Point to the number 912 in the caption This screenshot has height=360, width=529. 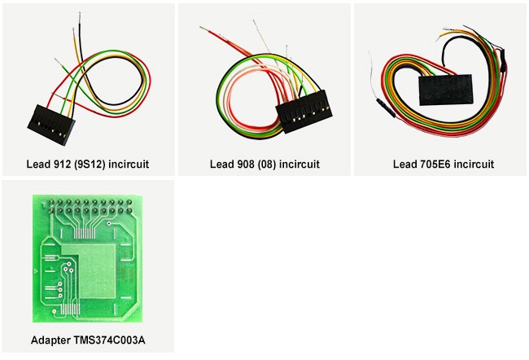pyautogui.click(x=68, y=165)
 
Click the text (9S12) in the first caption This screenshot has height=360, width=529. pyautogui.click(x=99, y=165)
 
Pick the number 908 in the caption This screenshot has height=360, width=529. pyautogui.click(x=247, y=165)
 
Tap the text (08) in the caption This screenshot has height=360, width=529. pyautogui.click(x=273, y=165)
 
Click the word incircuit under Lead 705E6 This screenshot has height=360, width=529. pyautogui.click(x=474, y=165)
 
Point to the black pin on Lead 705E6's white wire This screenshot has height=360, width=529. pyautogui.click(x=382, y=105)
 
